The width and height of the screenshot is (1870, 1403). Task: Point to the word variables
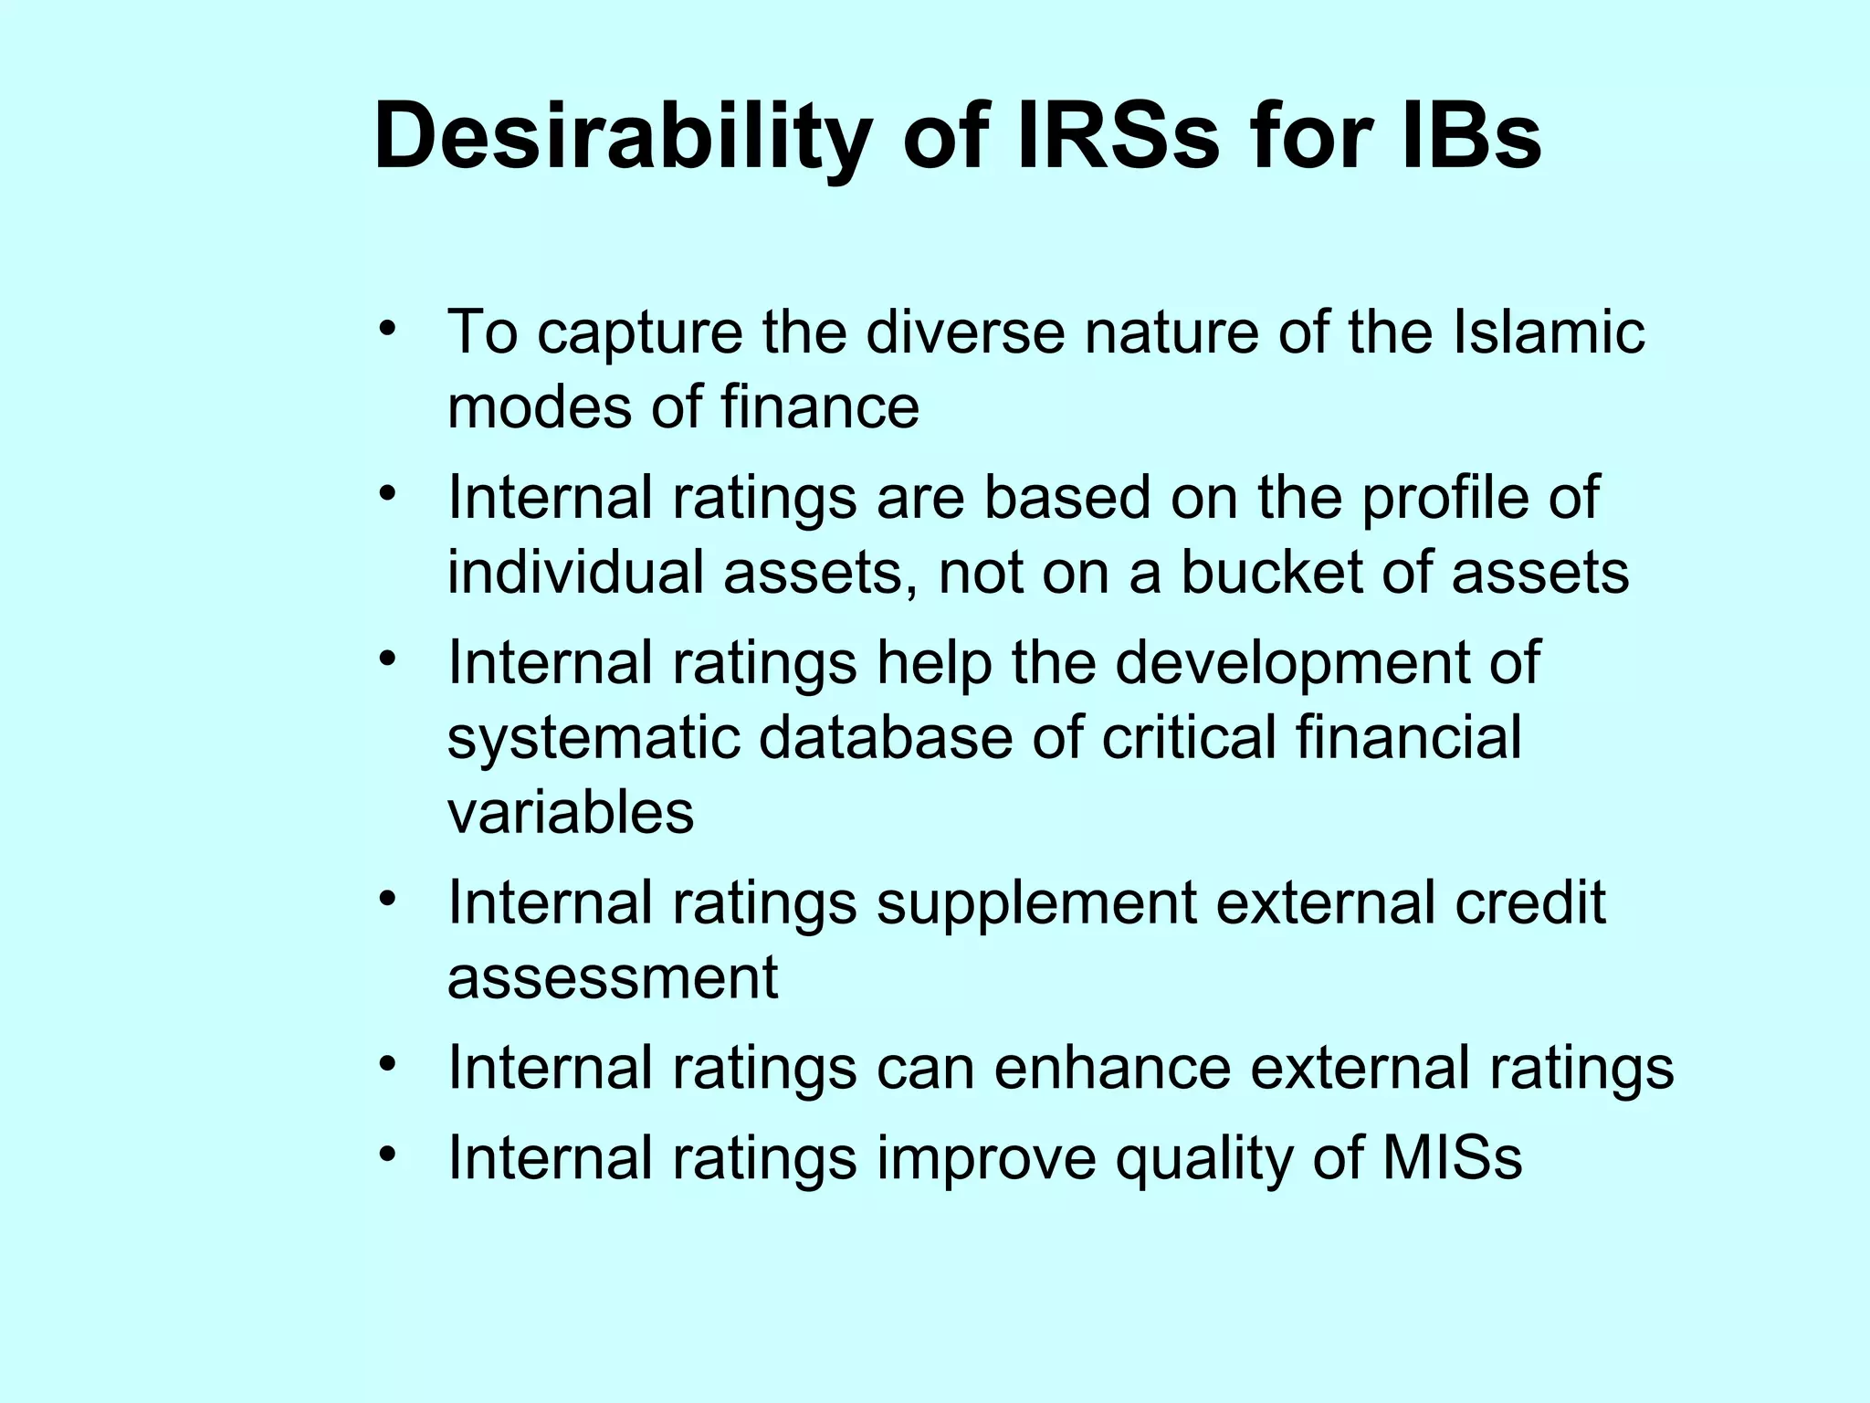[570, 812]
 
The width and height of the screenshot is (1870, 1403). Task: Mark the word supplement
[1036, 903]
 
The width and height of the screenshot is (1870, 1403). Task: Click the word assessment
[612, 978]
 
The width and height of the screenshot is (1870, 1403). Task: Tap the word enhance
[1111, 1068]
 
